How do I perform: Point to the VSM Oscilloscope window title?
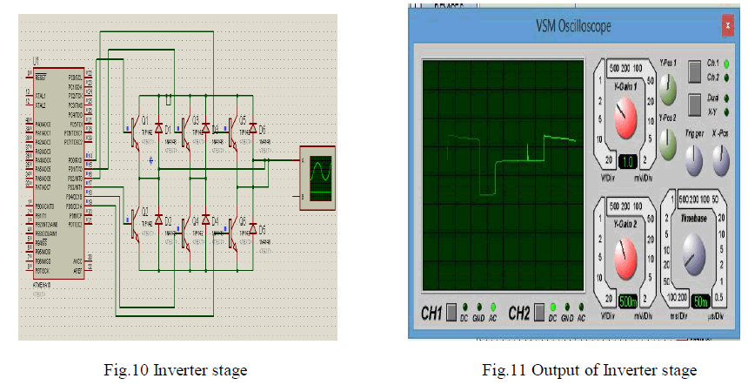pos(573,26)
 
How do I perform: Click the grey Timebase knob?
pos(693,253)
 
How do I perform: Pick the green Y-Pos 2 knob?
pos(667,142)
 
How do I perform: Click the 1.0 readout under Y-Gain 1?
pos(630,162)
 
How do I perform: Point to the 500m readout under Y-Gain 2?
pos(629,301)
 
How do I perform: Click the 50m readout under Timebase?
pos(701,301)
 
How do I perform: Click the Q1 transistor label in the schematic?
pos(145,118)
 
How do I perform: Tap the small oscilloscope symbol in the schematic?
pos(318,177)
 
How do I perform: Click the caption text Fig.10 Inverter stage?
pos(189,371)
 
